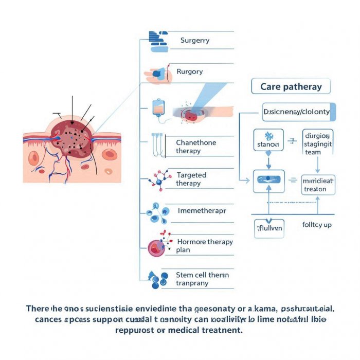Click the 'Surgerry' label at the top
(194, 40)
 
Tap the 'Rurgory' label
(189, 72)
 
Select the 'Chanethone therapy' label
(196, 147)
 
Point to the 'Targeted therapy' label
(191, 179)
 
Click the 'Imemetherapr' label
(201, 211)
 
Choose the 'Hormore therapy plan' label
(204, 246)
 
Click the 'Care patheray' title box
(291, 86)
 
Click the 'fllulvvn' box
(269, 228)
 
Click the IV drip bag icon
(158, 109)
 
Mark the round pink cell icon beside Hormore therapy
(156, 248)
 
